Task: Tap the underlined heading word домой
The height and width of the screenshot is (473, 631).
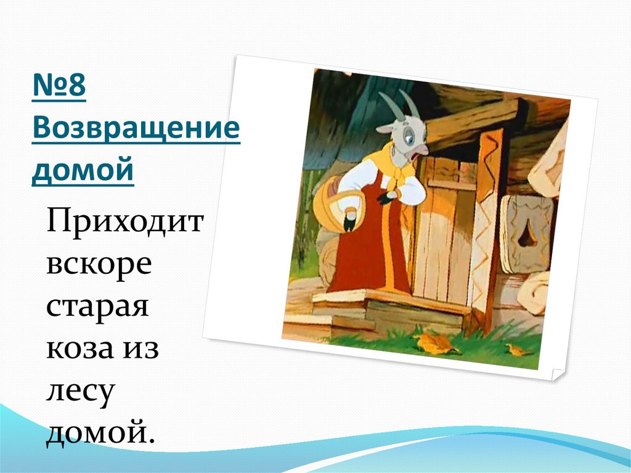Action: pyautogui.click(x=83, y=170)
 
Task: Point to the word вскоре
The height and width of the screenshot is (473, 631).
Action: pyautogui.click(x=99, y=264)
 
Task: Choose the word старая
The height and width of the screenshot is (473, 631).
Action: pyautogui.click(x=97, y=306)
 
